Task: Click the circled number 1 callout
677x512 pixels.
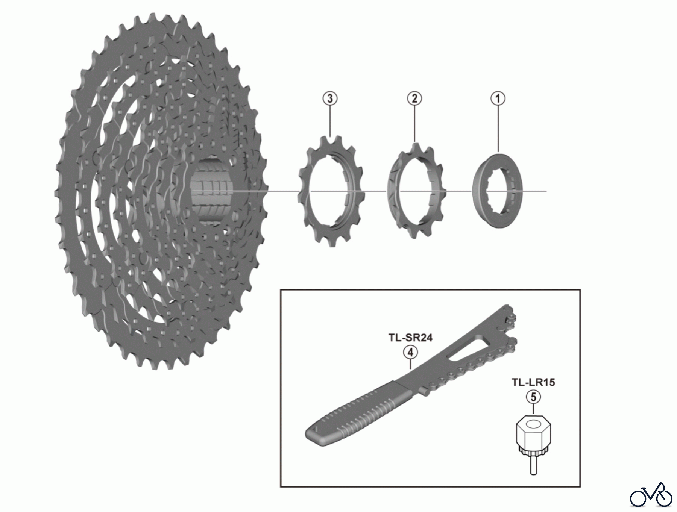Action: click(x=498, y=99)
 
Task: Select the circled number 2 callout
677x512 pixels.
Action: click(x=414, y=99)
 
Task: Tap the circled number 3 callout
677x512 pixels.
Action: click(x=330, y=99)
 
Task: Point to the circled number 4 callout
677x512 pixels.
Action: click(x=410, y=353)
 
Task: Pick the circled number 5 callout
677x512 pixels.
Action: click(x=533, y=397)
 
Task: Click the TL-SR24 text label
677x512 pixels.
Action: click(x=410, y=338)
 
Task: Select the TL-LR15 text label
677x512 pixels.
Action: click(x=533, y=382)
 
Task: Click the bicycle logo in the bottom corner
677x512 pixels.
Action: click(x=651, y=496)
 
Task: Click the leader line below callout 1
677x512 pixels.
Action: click(x=498, y=128)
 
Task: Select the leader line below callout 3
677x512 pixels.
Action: click(x=330, y=120)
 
